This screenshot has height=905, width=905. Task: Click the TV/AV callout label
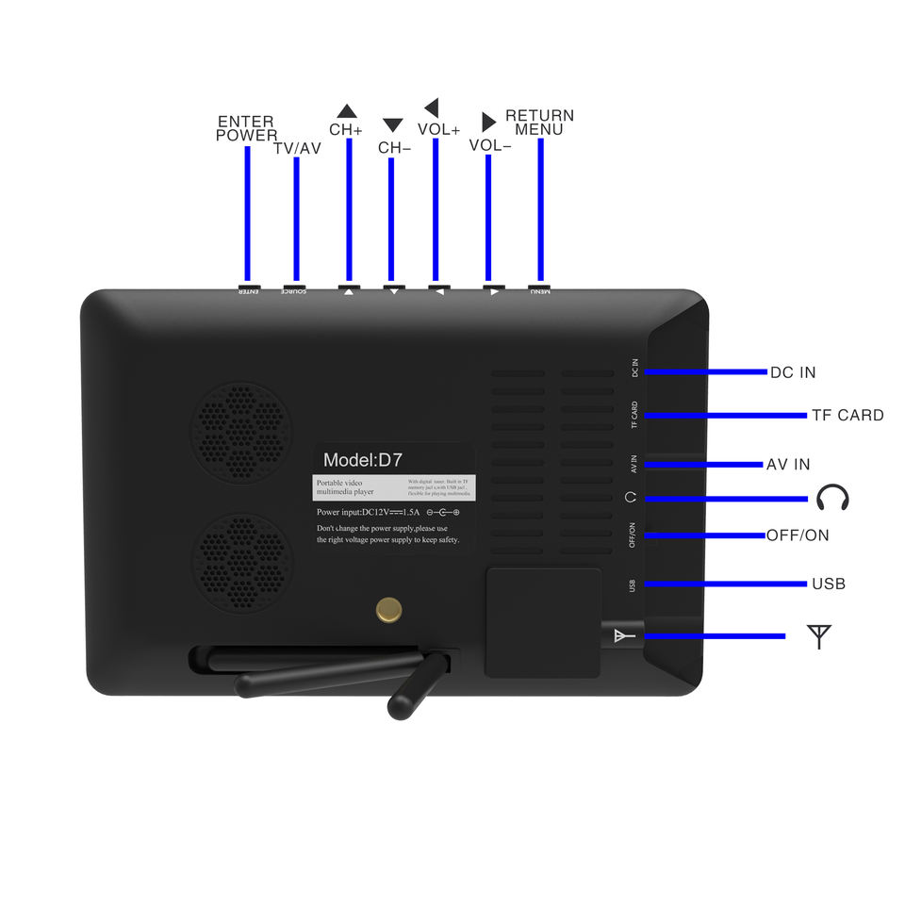(297, 148)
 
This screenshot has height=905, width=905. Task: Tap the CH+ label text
(346, 130)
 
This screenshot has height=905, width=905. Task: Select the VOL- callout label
(490, 145)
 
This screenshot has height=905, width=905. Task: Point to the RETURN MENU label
(539, 123)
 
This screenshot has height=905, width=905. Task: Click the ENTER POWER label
(246, 128)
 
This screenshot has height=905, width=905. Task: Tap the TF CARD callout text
(847, 415)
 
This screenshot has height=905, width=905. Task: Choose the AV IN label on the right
(788, 464)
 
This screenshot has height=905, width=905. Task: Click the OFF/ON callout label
(798, 535)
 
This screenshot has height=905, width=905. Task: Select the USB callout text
(829, 584)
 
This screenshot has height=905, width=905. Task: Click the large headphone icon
(832, 497)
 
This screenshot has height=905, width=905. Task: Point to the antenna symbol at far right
(820, 636)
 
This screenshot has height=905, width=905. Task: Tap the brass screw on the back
(387, 611)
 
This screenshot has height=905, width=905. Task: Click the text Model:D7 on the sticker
(363, 460)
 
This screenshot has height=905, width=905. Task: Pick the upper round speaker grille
(242, 433)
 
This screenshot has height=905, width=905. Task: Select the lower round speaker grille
(242, 564)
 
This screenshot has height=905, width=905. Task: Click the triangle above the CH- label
(393, 125)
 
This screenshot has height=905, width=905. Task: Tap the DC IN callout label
(793, 372)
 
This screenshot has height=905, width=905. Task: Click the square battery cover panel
(543, 622)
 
